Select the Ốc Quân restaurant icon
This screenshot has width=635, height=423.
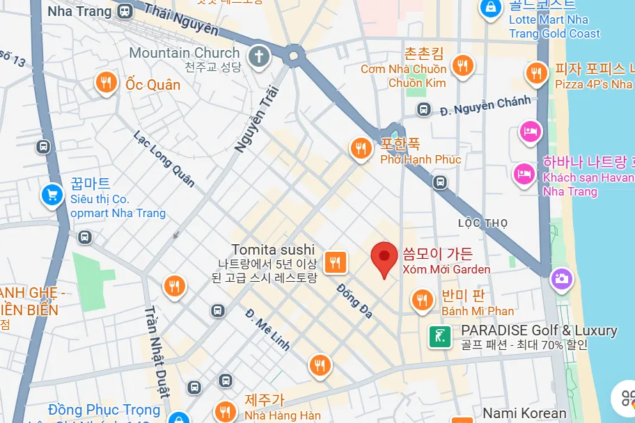tap(106, 83)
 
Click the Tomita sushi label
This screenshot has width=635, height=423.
tap(273, 250)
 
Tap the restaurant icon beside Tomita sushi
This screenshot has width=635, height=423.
tap(336, 262)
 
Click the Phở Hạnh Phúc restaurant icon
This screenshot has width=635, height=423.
tap(361, 147)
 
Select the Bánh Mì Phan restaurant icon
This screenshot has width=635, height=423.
tap(421, 300)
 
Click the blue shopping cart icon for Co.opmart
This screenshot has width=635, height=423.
tap(52, 195)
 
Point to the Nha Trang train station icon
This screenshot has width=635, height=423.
tap(125, 11)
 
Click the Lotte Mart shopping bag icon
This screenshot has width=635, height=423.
tap(491, 9)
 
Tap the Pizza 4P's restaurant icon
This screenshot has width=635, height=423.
tap(536, 72)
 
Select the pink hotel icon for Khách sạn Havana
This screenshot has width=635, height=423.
tap(524, 173)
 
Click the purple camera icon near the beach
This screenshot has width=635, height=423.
tap(560, 280)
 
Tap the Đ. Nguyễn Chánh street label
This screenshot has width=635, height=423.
tap(485, 105)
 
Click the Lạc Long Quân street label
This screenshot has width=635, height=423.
tap(164, 159)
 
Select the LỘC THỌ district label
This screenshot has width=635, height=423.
tap(483, 223)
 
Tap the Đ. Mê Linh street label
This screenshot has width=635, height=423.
tap(267, 329)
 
